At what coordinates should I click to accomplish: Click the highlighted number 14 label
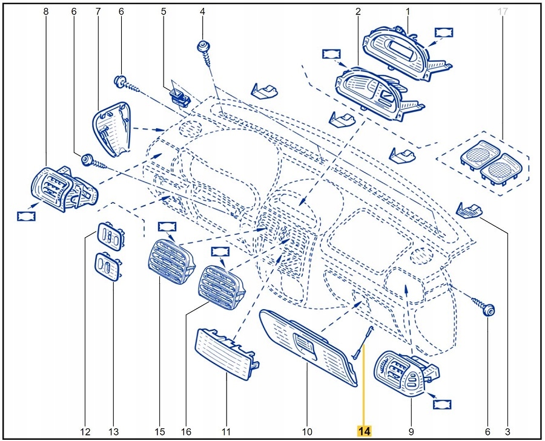(364, 431)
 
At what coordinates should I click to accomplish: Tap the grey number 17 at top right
(501, 11)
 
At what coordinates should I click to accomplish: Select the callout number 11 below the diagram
(226, 432)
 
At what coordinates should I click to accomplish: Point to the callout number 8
(46, 11)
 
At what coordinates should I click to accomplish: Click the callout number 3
(507, 432)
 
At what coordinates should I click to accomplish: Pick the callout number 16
(186, 432)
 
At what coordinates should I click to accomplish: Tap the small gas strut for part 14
(362, 342)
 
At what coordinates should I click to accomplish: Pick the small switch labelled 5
(179, 95)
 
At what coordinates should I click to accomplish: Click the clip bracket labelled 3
(470, 210)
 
